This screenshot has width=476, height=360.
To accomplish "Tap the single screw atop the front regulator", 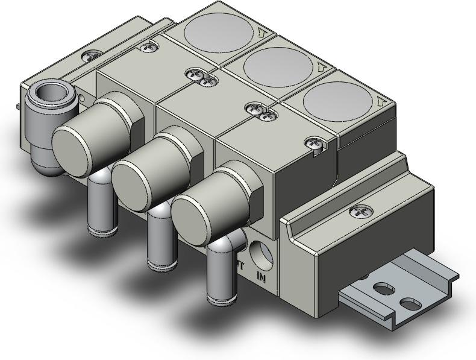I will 314,143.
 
